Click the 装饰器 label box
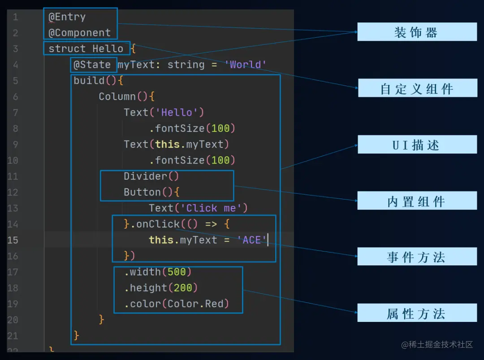(417, 32)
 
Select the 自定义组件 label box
(417, 88)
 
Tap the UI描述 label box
(417, 145)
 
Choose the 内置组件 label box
(417, 201)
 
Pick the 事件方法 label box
(417, 257)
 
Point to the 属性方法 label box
(417, 313)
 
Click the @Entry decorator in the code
(67, 17)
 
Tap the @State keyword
(92, 65)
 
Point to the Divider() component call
(151, 176)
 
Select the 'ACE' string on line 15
(252, 240)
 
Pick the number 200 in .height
(183, 288)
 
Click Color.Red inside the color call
(195, 304)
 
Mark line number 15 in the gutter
(13, 240)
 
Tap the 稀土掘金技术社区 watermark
(437, 344)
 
